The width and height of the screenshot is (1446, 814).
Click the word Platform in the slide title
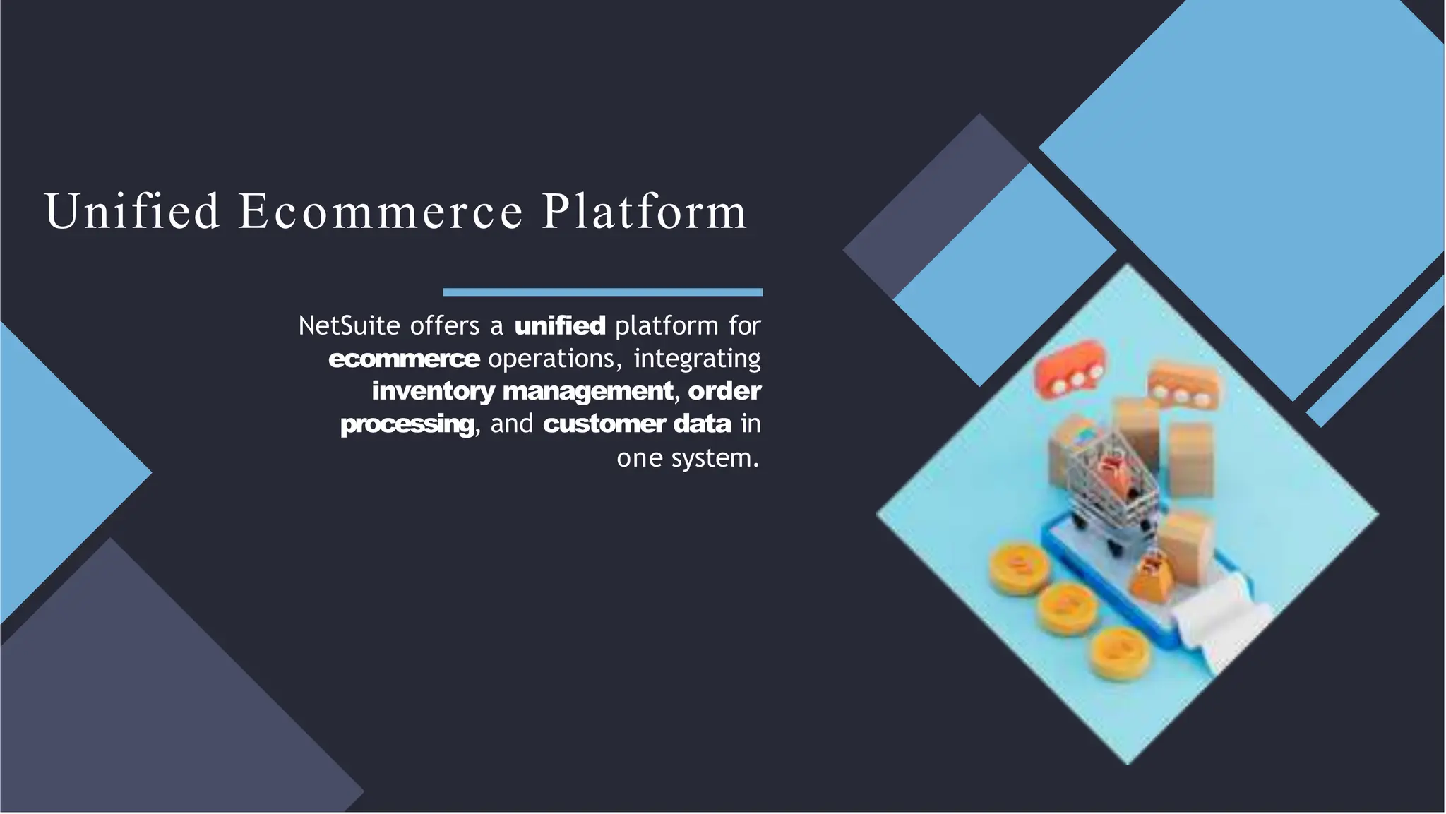click(x=644, y=212)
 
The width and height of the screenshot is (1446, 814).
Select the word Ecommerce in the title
click(x=381, y=212)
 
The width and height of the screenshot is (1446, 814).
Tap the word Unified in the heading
click(x=132, y=212)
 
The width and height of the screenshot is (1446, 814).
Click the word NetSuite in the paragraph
click(x=349, y=325)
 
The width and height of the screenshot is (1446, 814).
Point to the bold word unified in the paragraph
click(x=560, y=325)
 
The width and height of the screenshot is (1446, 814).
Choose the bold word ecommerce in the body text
click(x=404, y=359)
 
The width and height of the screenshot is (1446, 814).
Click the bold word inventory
click(x=433, y=391)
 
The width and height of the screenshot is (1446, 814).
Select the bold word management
click(x=588, y=391)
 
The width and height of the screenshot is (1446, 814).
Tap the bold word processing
click(x=407, y=424)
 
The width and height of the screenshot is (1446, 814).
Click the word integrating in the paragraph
click(x=697, y=359)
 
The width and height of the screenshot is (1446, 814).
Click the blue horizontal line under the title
click(x=602, y=292)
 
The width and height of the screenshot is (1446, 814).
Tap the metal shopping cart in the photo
click(x=1112, y=487)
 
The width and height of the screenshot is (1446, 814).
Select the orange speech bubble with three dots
click(x=1183, y=385)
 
